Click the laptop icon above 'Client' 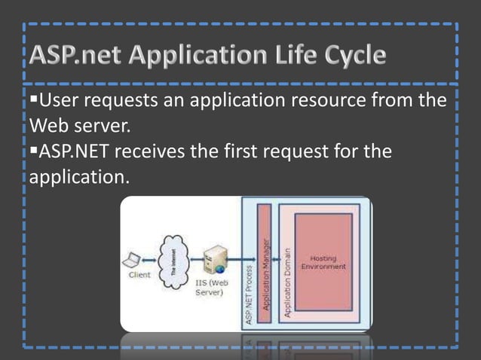[132, 261]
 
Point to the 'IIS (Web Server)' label [211, 288]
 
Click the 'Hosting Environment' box [323, 263]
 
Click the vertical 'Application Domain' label [287, 284]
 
